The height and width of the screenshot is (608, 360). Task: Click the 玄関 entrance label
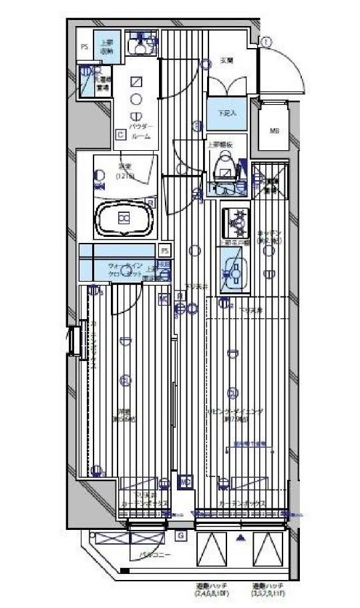tap(226, 61)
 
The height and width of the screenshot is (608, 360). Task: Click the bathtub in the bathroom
tap(124, 219)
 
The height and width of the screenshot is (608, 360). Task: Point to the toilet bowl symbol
tap(225, 162)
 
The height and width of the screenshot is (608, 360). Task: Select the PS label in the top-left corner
tap(84, 47)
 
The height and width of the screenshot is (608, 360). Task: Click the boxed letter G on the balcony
tap(180, 535)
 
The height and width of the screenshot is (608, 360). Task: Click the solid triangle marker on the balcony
tap(240, 537)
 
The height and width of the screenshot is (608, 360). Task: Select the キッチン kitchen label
tap(268, 236)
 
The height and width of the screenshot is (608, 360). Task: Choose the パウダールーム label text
tap(141, 131)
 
